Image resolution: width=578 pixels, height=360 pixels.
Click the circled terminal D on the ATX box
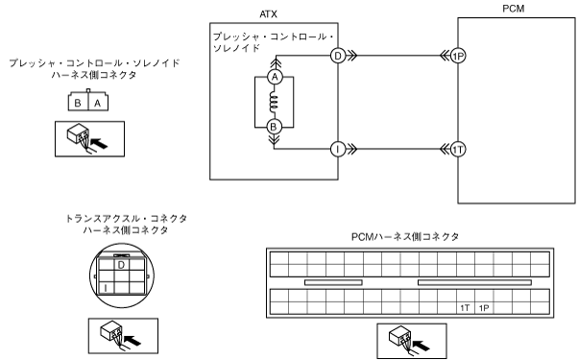pyautogui.click(x=338, y=56)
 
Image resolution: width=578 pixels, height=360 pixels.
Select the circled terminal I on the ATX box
pyautogui.click(x=338, y=149)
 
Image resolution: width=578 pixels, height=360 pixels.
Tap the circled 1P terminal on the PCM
pyautogui.click(x=458, y=56)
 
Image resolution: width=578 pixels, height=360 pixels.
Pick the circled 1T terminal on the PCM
pyautogui.click(x=458, y=149)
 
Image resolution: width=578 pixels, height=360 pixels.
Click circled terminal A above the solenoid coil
pyautogui.click(x=275, y=77)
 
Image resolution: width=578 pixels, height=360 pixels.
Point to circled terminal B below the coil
pyautogui.click(x=274, y=127)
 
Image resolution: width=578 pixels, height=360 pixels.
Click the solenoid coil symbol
pyautogui.click(x=274, y=102)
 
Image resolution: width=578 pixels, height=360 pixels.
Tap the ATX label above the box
pyautogui.click(x=268, y=14)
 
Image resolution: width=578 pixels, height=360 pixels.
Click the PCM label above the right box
pyautogui.click(x=513, y=9)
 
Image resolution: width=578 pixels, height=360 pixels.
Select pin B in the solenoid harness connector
pyautogui.click(x=78, y=103)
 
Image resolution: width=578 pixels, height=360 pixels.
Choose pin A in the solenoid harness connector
pyautogui.click(x=98, y=103)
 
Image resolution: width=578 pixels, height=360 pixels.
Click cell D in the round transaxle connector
pyautogui.click(x=121, y=265)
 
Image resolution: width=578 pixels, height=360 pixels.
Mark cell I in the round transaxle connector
pyautogui.click(x=107, y=288)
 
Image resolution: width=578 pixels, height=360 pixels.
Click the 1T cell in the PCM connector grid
pyautogui.click(x=466, y=308)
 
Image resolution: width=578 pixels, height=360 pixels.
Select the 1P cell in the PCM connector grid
pyautogui.click(x=484, y=308)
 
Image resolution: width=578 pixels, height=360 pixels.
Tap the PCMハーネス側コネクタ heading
pyautogui.click(x=405, y=236)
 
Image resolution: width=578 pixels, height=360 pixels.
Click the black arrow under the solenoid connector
pyautogui.click(x=99, y=143)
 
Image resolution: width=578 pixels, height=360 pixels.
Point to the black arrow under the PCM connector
pyautogui.click(x=421, y=346)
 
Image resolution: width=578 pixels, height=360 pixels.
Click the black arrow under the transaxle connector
pyautogui.click(x=132, y=340)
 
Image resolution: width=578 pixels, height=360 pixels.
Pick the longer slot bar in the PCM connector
pyautogui.click(x=474, y=282)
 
